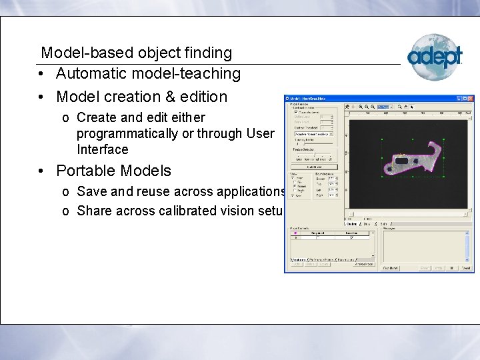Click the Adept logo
pos(435,57)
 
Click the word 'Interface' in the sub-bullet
pos(102,149)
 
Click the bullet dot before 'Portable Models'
pos(42,171)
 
